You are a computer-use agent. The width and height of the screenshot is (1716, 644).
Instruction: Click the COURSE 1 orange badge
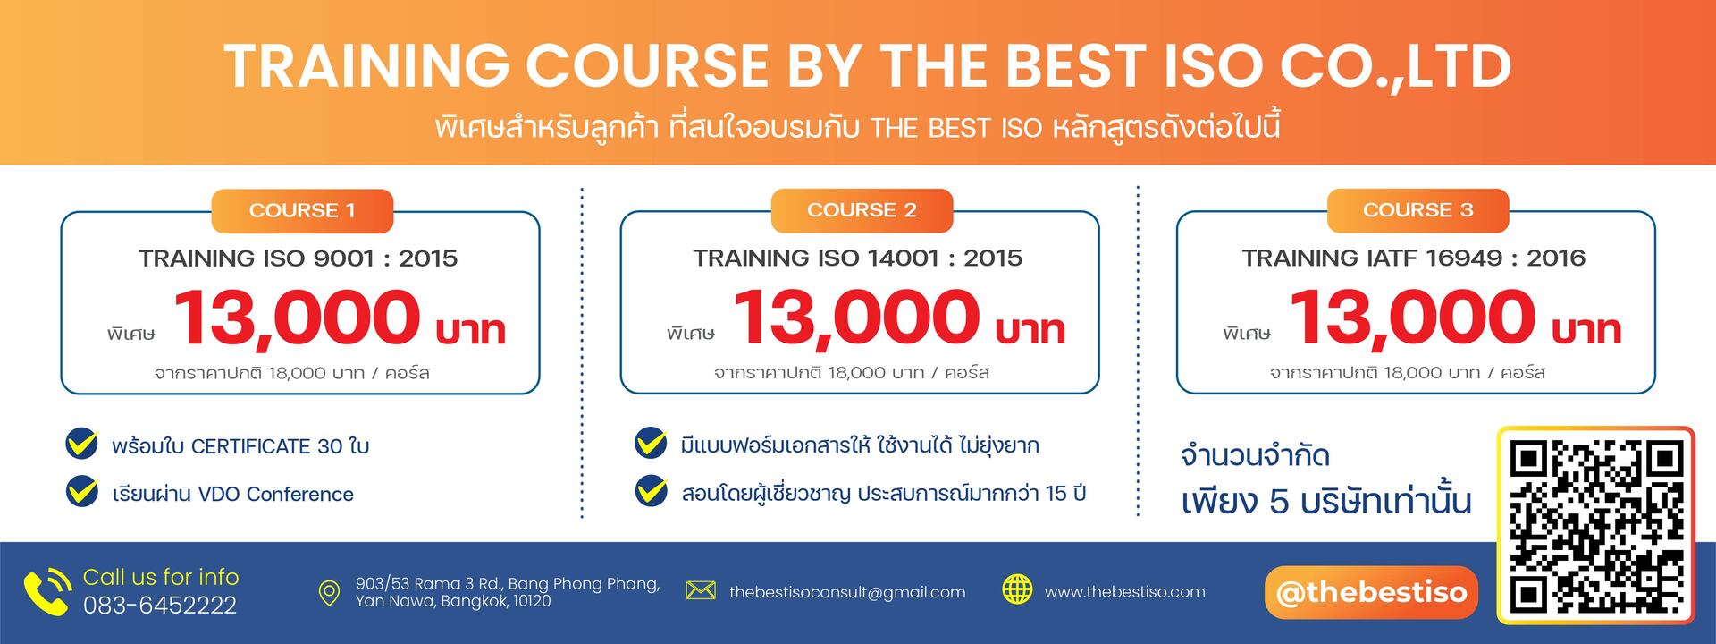(x=302, y=211)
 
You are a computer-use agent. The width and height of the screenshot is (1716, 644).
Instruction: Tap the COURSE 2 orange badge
(x=862, y=210)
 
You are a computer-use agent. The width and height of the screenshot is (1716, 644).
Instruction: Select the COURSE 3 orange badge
(x=1417, y=210)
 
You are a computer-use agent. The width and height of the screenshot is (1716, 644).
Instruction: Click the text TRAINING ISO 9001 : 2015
(x=298, y=258)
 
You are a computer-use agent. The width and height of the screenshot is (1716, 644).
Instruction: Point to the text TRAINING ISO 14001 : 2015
(x=857, y=258)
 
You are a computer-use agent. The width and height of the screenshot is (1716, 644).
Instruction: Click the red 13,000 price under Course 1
(x=296, y=318)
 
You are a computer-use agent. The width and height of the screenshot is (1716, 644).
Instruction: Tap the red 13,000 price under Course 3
(x=1411, y=318)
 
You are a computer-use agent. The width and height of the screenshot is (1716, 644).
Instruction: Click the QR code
(x=1596, y=526)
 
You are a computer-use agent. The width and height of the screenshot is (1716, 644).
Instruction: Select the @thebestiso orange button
(x=1371, y=592)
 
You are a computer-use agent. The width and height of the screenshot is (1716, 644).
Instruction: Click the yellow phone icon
(x=47, y=591)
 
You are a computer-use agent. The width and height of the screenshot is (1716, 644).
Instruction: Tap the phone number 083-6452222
(x=160, y=606)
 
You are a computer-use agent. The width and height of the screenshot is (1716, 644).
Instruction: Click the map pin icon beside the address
(x=329, y=593)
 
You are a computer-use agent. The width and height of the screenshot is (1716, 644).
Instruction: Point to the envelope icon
(x=701, y=590)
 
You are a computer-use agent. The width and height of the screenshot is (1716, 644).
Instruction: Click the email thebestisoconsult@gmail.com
(x=847, y=592)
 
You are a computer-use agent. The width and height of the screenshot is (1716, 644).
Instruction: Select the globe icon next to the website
(x=1017, y=589)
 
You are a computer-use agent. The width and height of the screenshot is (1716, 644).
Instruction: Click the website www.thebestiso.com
(x=1124, y=592)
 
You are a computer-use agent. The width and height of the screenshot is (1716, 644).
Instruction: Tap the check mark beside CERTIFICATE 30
(x=82, y=444)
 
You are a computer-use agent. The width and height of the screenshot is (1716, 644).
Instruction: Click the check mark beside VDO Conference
(x=82, y=492)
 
